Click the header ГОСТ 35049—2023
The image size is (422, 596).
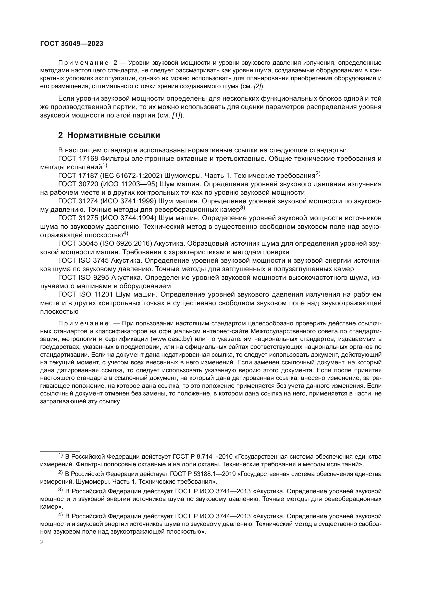click(72, 44)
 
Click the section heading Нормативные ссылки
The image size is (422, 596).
click(114, 135)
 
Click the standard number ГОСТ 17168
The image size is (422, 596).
click(78, 158)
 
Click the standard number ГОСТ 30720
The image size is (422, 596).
click(78, 184)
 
